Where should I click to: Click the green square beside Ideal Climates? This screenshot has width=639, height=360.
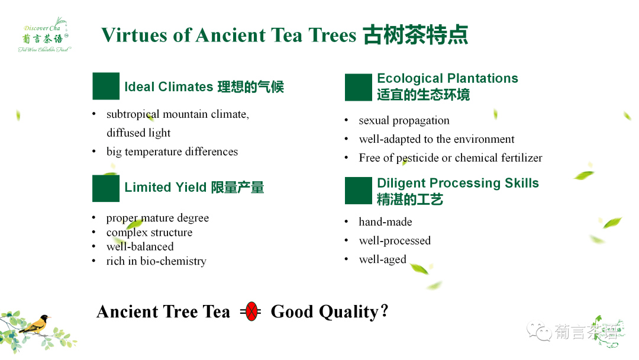[x=106, y=86]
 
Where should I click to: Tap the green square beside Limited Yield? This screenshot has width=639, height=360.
[x=106, y=188]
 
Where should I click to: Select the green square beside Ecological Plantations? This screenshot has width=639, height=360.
[x=358, y=87]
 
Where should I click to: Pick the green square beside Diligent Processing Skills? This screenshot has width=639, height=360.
[x=358, y=191]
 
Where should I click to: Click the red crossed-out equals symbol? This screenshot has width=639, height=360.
[x=251, y=311]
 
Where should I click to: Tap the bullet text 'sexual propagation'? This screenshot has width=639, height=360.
[x=404, y=120]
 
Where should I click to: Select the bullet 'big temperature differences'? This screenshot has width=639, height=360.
[x=172, y=152]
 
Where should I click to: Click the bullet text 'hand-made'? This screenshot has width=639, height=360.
[x=385, y=222]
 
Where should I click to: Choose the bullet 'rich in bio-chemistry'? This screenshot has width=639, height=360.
[x=156, y=261]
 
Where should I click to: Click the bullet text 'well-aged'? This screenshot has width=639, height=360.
[x=382, y=260]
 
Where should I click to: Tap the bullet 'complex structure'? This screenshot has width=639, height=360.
[x=149, y=233]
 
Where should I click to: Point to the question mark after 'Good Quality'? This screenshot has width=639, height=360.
[x=385, y=311]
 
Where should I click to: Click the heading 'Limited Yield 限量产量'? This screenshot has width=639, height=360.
[x=194, y=188]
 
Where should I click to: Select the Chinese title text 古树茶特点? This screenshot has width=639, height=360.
[x=415, y=35]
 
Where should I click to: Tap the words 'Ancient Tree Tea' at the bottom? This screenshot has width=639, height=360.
[x=163, y=311]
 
